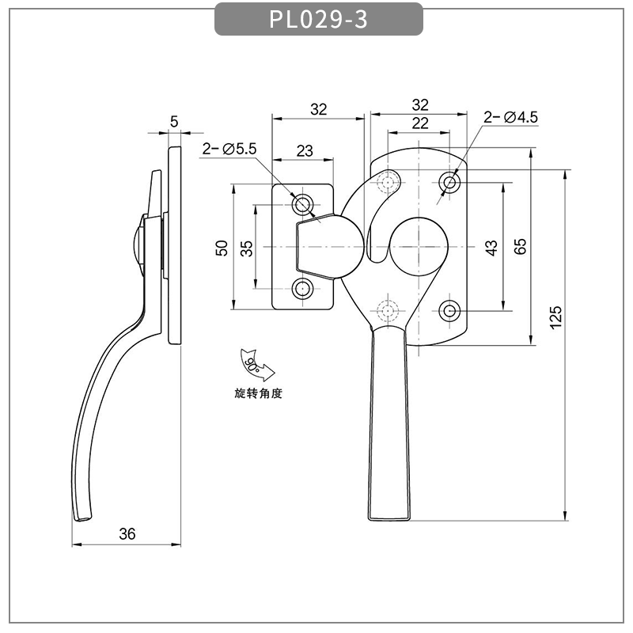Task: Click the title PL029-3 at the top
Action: tap(318, 19)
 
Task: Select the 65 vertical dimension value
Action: tap(520, 246)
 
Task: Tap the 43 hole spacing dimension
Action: tap(491, 248)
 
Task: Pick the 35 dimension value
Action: tap(246, 248)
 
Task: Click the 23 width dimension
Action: tap(304, 150)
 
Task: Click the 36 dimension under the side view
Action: tap(127, 534)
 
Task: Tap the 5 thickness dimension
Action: tap(175, 121)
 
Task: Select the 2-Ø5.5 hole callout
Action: tap(229, 148)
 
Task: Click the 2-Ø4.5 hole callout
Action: tap(510, 117)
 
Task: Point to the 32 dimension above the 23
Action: tap(318, 109)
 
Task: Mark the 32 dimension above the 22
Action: tap(419, 104)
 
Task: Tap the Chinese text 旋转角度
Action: tap(258, 393)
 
